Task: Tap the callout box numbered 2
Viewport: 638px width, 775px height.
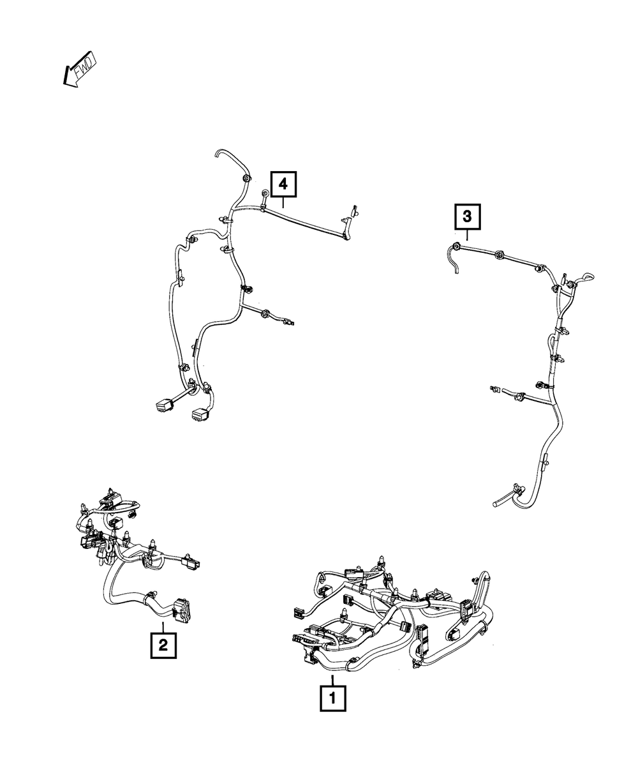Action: tap(163, 645)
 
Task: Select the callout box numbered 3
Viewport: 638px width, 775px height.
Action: tap(467, 217)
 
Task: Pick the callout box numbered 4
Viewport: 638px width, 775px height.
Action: tap(283, 184)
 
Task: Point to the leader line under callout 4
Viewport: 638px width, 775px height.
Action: tap(283, 202)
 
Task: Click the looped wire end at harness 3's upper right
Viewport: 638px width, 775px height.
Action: tap(586, 278)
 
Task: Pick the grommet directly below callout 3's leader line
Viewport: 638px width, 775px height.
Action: tap(457, 246)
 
